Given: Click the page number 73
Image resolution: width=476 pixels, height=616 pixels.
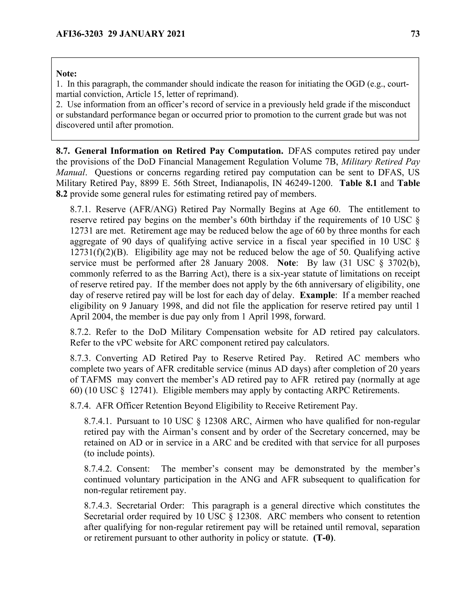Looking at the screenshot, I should pos(415,34).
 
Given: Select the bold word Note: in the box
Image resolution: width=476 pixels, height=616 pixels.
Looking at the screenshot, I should pos(66,74).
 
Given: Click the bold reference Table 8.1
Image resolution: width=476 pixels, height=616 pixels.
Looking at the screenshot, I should pos(358,183).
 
